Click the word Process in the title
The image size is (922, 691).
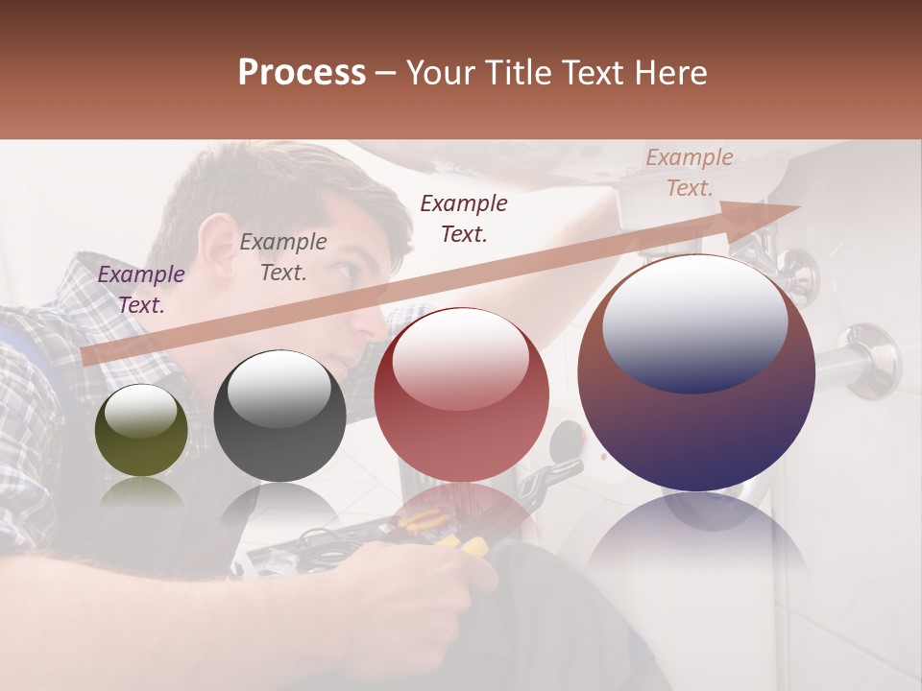point(302,73)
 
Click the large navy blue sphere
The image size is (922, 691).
point(696,374)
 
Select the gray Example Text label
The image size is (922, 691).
point(283,257)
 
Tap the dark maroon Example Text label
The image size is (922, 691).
point(464,218)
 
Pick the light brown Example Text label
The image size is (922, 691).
point(689,173)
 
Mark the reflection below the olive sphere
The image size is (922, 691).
point(140,494)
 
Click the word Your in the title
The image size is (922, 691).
point(439,73)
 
